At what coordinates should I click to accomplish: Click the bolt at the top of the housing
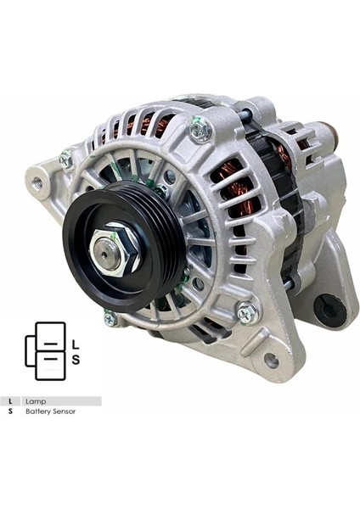pyautogui.click(x=201, y=129)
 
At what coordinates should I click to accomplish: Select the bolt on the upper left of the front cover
pyautogui.click(x=67, y=159)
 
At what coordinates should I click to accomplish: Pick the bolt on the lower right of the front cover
pyautogui.click(x=245, y=312)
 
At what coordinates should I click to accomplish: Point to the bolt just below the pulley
pyautogui.click(x=110, y=319)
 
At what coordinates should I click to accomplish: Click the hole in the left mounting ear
pyautogui.click(x=37, y=182)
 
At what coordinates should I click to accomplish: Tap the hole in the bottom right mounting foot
pyautogui.click(x=272, y=361)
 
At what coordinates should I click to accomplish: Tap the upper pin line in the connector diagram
pyautogui.click(x=51, y=345)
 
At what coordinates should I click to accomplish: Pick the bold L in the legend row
pyautogui.click(x=10, y=400)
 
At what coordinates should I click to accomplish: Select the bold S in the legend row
pyautogui.click(x=10, y=411)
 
